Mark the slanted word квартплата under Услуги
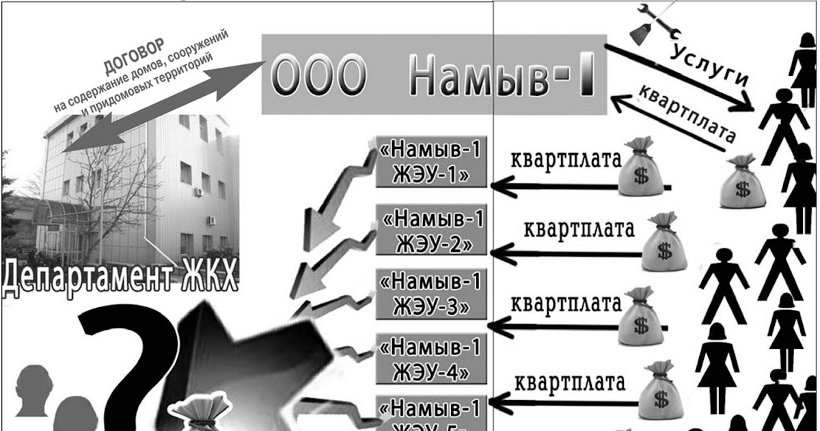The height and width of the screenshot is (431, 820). click(683, 114)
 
